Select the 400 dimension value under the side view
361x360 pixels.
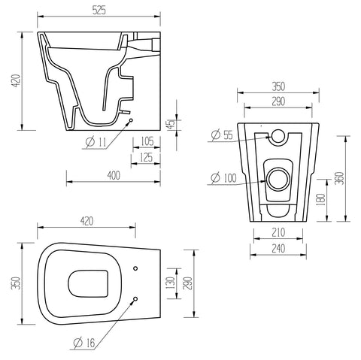pos(114,175)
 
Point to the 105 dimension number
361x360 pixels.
pos(147,141)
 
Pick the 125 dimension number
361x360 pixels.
pos(147,157)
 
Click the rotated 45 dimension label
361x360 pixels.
pos(171,124)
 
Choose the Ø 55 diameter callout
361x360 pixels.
pos(220,135)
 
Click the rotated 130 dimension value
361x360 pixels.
pos(171,284)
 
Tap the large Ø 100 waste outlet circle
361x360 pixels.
pos(278,179)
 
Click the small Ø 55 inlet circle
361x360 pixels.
pos(278,137)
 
